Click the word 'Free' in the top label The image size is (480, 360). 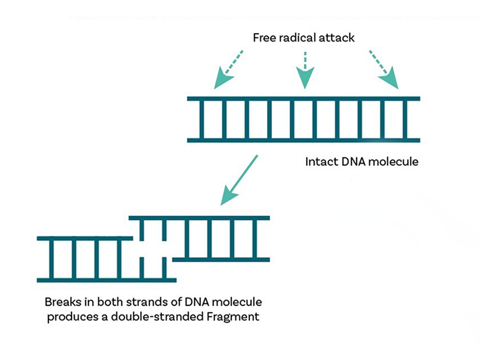(x=264, y=37)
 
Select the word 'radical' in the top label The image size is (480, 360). (x=299, y=37)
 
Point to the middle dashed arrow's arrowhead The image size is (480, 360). (x=305, y=79)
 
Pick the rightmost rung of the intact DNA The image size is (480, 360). (x=405, y=120)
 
